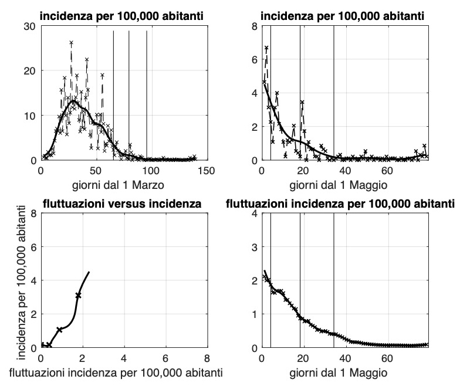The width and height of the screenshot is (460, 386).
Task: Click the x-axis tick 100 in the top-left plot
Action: [151, 170]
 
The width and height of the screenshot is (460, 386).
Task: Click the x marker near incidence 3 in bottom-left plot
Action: [78, 295]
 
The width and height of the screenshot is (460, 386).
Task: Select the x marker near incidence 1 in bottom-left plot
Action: [59, 330]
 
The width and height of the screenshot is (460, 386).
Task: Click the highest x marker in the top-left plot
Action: [71, 43]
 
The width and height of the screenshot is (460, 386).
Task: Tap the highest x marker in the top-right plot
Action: [266, 48]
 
